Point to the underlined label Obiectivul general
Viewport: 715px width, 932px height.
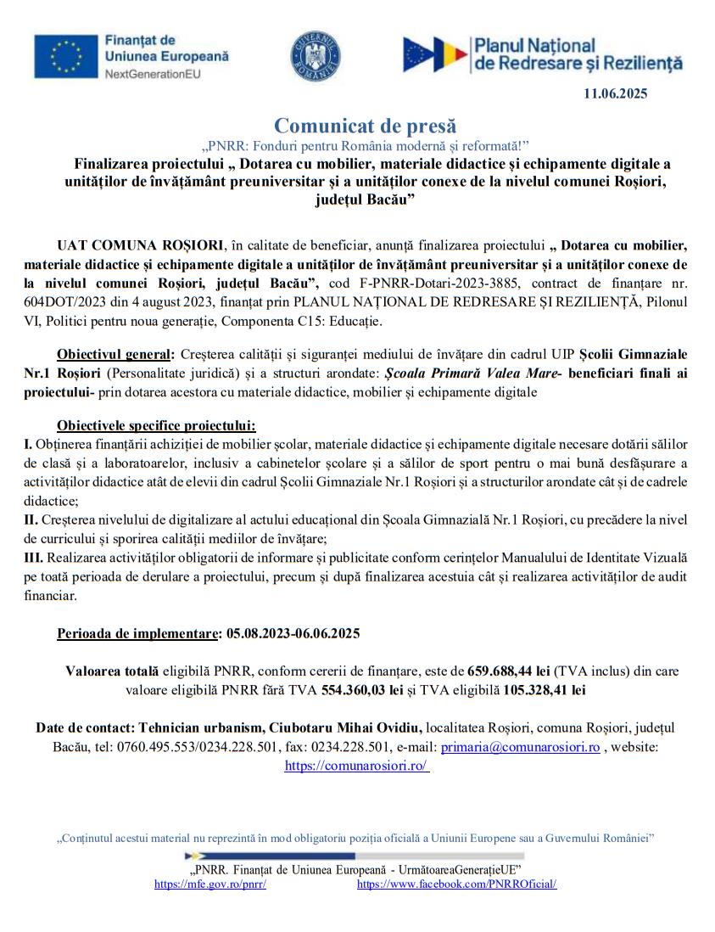(x=114, y=353)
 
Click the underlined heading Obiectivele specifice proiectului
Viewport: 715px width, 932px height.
(x=156, y=426)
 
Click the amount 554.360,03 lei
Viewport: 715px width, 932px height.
(x=362, y=690)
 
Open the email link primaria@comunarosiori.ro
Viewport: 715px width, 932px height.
(x=520, y=747)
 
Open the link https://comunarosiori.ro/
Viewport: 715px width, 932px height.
(x=356, y=766)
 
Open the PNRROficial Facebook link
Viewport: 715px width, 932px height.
(x=456, y=884)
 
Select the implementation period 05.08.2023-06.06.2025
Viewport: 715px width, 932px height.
(x=293, y=634)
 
